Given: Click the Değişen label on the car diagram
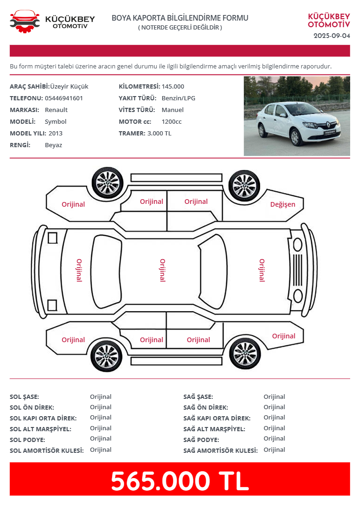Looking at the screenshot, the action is pos(283,204).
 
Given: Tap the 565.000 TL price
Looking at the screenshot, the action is pos(180,481).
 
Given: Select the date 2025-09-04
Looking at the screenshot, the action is pos(332,36).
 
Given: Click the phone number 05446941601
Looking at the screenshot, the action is pos(64,98).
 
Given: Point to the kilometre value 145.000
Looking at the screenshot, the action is pos(172,86).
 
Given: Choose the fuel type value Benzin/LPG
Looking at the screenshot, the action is pos(179,98).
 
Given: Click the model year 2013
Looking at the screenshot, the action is pos(55,133).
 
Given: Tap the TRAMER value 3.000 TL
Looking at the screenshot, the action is pos(159,133).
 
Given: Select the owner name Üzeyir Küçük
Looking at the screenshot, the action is pos(69,86).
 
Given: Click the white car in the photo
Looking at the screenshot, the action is pos(298,123).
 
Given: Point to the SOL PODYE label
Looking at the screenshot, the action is pos(27,440).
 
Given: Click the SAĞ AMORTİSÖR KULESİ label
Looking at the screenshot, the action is pos(220,450).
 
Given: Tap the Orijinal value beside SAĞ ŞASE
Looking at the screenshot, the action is pos(274,397).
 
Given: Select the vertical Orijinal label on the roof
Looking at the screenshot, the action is pos(163,270).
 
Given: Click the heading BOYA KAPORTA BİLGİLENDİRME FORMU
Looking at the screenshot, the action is pos(180,18).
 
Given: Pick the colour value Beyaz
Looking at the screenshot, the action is pos(53,145).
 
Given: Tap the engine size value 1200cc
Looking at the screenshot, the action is pos(172,122).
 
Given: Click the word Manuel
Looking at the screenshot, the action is pos(172,110).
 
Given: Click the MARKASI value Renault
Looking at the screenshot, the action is pos(56,110).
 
